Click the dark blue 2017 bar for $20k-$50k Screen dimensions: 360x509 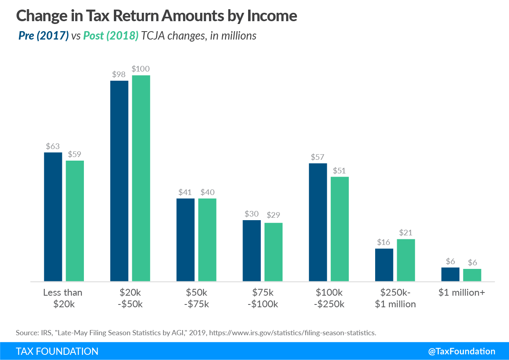coord(119,181)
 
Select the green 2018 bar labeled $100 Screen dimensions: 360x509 coord(141,178)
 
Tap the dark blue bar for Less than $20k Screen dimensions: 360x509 coord(53,217)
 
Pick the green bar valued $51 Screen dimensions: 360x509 coord(340,229)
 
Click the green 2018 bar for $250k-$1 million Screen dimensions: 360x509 coord(406,260)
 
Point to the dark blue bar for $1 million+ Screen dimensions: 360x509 coord(450,274)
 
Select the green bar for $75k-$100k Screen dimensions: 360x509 coord(273,252)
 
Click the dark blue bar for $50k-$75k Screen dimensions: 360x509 coord(185,240)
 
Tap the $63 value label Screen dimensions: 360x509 coord(53,146)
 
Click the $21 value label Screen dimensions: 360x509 coord(406,233)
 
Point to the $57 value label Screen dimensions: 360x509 coord(318,157)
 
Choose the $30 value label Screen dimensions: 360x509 coord(252,214)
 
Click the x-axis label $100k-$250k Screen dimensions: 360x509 coord(329,298)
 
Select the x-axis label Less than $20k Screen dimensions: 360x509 coord(63,298)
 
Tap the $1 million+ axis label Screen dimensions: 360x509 coord(461,292)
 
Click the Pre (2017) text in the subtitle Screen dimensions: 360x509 coord(44,36)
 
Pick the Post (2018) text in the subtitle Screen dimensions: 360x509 coord(111,36)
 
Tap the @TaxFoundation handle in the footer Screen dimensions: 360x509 coord(461,351)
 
